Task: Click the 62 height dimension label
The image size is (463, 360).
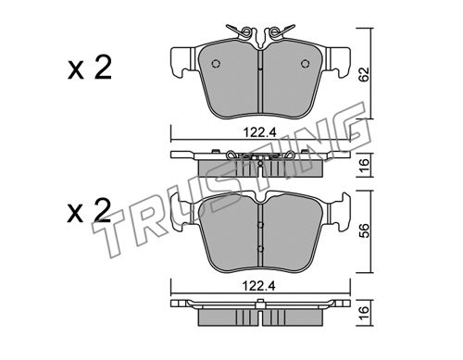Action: tap(365, 74)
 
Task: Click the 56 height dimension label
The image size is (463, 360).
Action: tap(365, 231)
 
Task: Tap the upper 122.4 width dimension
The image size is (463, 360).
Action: tap(259, 132)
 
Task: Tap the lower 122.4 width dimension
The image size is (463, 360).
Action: tap(258, 286)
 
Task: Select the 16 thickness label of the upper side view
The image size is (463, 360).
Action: tap(365, 165)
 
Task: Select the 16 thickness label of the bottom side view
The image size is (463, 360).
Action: tap(365, 313)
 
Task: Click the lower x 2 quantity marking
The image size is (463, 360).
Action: tap(89, 211)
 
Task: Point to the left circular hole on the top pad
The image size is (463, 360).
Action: tap(216, 63)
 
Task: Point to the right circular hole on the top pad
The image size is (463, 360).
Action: tap(305, 63)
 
